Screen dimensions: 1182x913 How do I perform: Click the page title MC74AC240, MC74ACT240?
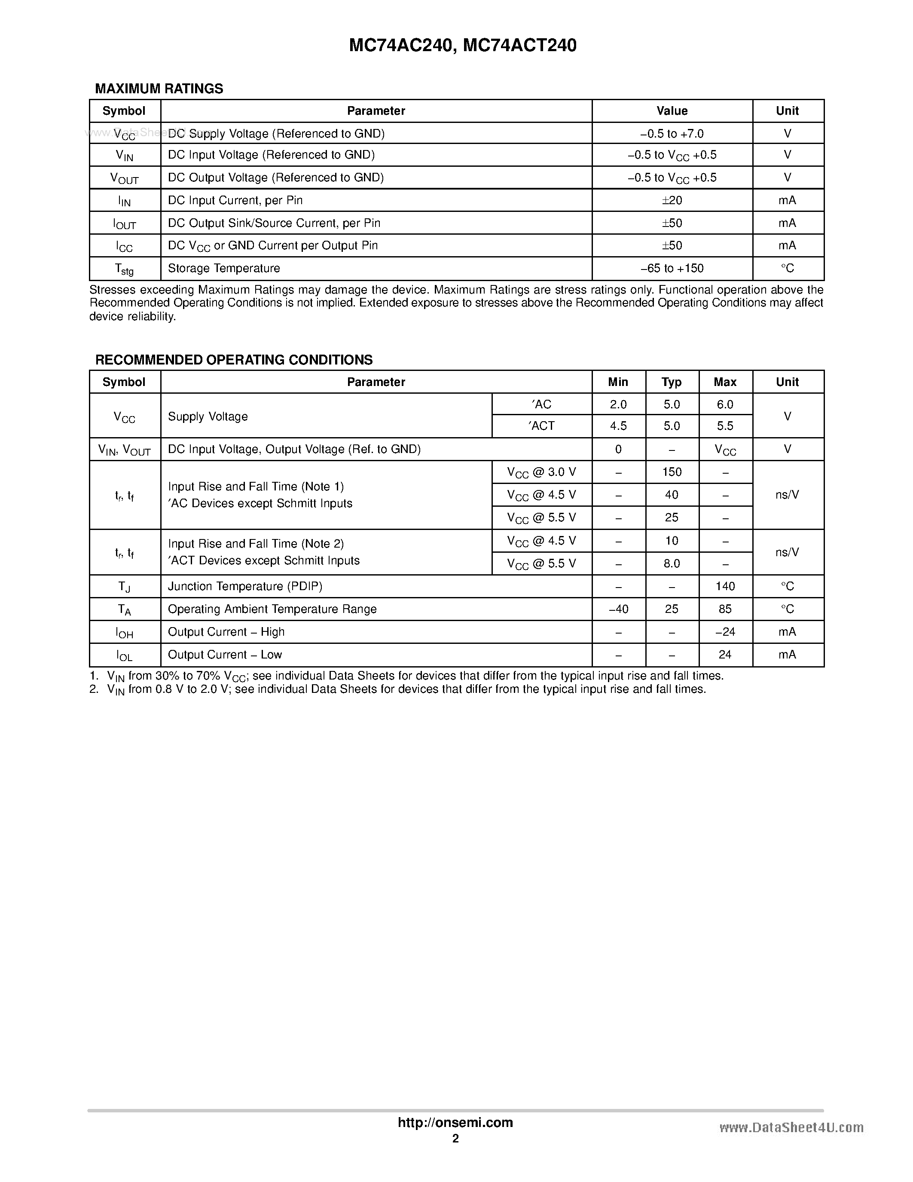click(x=462, y=46)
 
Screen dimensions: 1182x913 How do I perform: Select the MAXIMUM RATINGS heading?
click(x=159, y=89)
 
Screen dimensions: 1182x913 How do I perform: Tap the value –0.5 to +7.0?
click(x=672, y=133)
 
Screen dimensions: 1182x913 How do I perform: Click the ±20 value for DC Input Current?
click(x=672, y=200)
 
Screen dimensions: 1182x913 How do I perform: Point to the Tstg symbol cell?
click(x=125, y=269)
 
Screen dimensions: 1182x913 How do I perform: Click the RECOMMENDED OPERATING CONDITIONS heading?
click(x=234, y=360)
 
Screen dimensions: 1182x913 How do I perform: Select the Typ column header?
click(x=672, y=382)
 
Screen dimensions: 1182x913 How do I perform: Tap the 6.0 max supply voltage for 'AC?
click(x=725, y=404)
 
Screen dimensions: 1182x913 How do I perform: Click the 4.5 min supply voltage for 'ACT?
click(x=618, y=426)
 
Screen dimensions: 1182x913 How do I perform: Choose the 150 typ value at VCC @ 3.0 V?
click(x=672, y=472)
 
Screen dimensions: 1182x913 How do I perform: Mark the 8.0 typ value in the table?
click(x=672, y=563)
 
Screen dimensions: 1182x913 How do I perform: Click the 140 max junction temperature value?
click(x=725, y=586)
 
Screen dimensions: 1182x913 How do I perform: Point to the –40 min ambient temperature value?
click(x=618, y=609)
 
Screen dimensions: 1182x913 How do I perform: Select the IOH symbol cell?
click(x=125, y=633)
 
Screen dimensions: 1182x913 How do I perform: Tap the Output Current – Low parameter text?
click(x=225, y=654)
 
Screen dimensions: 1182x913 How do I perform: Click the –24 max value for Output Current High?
click(x=725, y=631)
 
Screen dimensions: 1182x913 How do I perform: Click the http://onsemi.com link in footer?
click(x=455, y=1122)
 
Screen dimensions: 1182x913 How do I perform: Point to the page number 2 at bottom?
click(x=455, y=1139)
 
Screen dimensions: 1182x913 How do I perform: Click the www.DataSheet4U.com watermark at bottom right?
click(x=791, y=1127)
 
